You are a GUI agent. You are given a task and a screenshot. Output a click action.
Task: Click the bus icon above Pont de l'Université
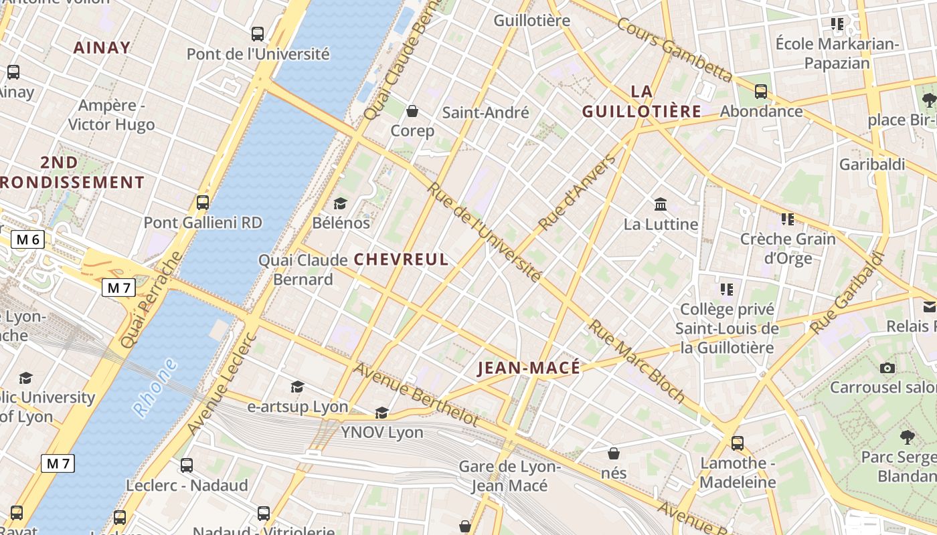coord(258,34)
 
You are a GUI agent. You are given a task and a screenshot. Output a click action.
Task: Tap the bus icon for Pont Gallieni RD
coord(203,203)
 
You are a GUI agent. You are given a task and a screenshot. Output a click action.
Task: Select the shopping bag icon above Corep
coord(412,111)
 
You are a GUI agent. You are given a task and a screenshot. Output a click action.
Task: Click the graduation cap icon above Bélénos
coord(341,203)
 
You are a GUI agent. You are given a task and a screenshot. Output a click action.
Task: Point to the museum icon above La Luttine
coord(661,204)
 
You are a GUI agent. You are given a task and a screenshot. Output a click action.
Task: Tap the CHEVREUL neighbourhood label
coord(401,259)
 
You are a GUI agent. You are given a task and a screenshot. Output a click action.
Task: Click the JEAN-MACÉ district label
coord(529,368)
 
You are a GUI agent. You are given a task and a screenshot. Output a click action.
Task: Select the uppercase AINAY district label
coord(102,47)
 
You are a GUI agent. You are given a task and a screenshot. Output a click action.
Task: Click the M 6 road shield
coord(27,239)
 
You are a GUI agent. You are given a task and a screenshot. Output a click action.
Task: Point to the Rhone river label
coord(155,388)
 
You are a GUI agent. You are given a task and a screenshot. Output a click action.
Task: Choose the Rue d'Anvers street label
coord(577,193)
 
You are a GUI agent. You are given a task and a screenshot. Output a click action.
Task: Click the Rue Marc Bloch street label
coord(636,362)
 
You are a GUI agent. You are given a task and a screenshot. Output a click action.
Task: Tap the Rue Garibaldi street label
coord(847,294)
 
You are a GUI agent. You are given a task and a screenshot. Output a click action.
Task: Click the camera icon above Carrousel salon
coord(887,368)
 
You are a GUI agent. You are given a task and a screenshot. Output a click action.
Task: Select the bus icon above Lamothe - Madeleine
coord(738,443)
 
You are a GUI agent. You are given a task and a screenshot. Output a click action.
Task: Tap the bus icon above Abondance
coord(761,92)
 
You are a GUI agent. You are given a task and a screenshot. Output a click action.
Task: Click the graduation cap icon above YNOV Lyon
coord(381,413)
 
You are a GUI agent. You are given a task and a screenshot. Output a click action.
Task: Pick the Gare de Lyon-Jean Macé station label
coord(509,476)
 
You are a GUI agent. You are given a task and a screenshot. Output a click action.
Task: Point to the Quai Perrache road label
coord(152,300)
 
